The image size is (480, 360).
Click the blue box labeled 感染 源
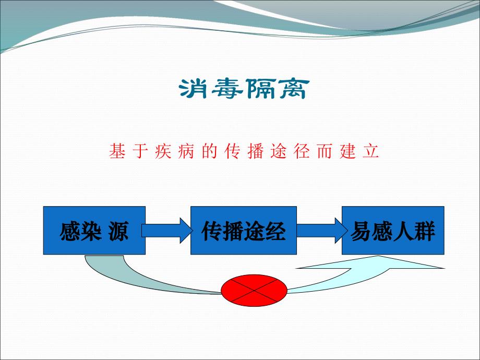point(94,230)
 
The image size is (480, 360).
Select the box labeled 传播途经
point(244,230)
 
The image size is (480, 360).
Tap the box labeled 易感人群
point(393,230)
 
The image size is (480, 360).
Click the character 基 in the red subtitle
point(116,151)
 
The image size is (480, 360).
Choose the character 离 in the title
point(292,90)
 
